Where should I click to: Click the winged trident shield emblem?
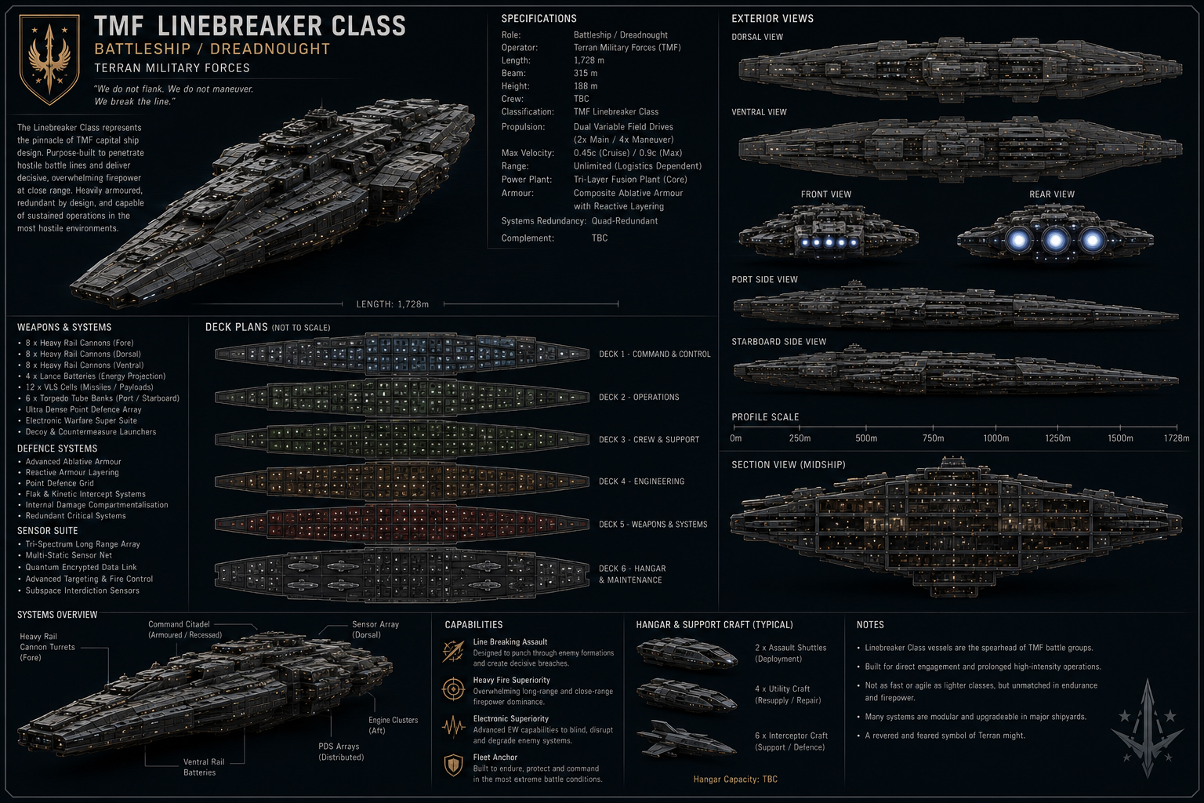tap(49, 59)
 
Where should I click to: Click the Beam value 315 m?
tap(586, 73)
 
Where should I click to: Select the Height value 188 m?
tap(586, 86)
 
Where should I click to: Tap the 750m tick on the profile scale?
tap(933, 427)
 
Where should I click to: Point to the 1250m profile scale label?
tap(1057, 438)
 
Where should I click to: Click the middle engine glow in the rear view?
tap(1055, 241)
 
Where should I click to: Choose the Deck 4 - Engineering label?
tap(642, 481)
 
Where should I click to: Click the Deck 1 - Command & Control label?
tap(655, 354)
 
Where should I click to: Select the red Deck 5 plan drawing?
tap(402, 523)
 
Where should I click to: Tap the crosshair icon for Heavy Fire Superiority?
tap(453, 689)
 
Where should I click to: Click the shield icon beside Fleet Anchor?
tap(454, 765)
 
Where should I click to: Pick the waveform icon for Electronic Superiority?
tap(453, 727)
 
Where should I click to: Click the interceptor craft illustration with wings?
tap(686, 739)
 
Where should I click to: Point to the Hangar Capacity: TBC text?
tap(735, 779)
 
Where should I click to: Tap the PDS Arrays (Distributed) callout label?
tap(341, 751)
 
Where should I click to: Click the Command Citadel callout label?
tap(185, 629)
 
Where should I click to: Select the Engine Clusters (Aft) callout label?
tap(393, 725)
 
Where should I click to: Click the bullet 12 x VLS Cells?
tap(89, 387)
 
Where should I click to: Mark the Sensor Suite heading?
tap(47, 530)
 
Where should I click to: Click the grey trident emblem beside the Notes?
tap(1148, 728)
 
